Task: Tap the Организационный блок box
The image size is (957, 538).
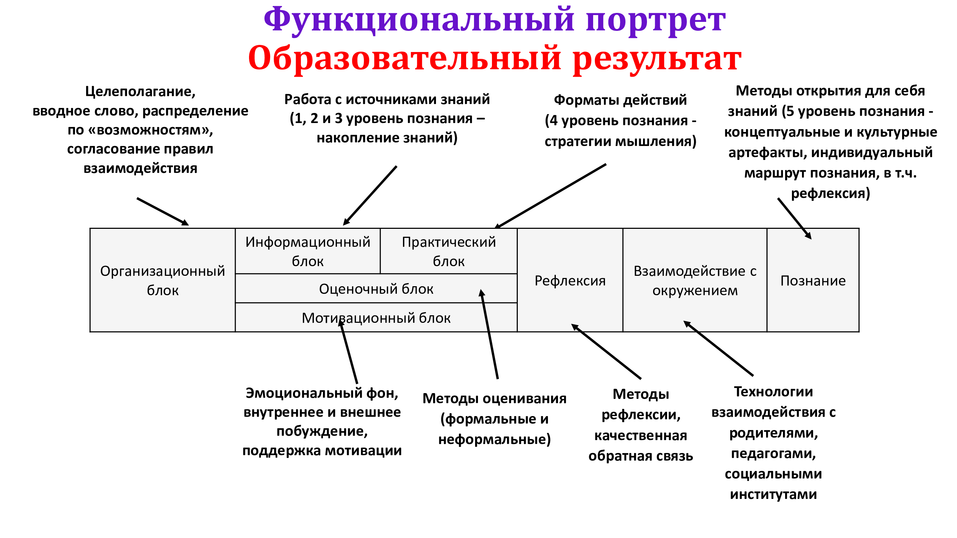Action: click(x=163, y=280)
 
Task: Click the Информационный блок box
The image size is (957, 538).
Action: click(x=308, y=251)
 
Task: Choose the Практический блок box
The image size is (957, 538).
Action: click(x=449, y=251)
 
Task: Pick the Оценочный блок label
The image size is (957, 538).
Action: click(x=376, y=289)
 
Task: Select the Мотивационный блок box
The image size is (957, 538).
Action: click(x=376, y=317)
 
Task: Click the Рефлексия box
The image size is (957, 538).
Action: click(x=570, y=280)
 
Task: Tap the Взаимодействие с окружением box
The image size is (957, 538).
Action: click(x=695, y=280)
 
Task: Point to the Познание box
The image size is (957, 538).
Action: click(x=813, y=280)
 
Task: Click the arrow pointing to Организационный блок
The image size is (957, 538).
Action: click(x=163, y=212)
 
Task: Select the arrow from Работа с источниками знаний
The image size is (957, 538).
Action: click(x=370, y=196)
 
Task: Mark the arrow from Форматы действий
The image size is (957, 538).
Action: click(x=550, y=196)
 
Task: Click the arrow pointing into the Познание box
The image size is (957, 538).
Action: click(x=795, y=219)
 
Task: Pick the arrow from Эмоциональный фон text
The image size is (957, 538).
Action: click(x=348, y=351)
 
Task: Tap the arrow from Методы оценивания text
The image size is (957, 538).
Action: click(x=490, y=334)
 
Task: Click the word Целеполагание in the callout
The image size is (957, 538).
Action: click(x=140, y=91)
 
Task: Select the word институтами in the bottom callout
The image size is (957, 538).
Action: click(x=774, y=494)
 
